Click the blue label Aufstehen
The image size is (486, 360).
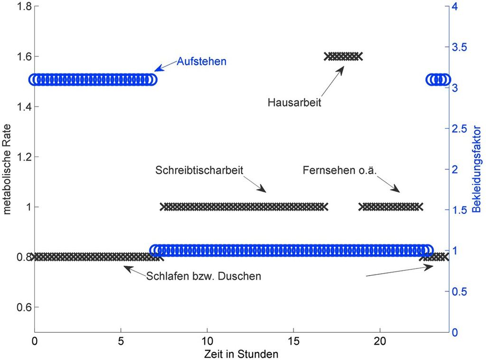coord(202,62)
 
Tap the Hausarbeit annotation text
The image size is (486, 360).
coord(294,102)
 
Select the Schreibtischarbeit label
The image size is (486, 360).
coord(199,170)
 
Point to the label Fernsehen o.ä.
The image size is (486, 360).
coord(339,170)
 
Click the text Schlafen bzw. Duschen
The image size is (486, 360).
coord(204,276)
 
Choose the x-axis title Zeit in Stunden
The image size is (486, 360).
coord(241,354)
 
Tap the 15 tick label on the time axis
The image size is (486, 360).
coord(293,342)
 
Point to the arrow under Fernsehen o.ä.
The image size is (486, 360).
coord(390,185)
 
